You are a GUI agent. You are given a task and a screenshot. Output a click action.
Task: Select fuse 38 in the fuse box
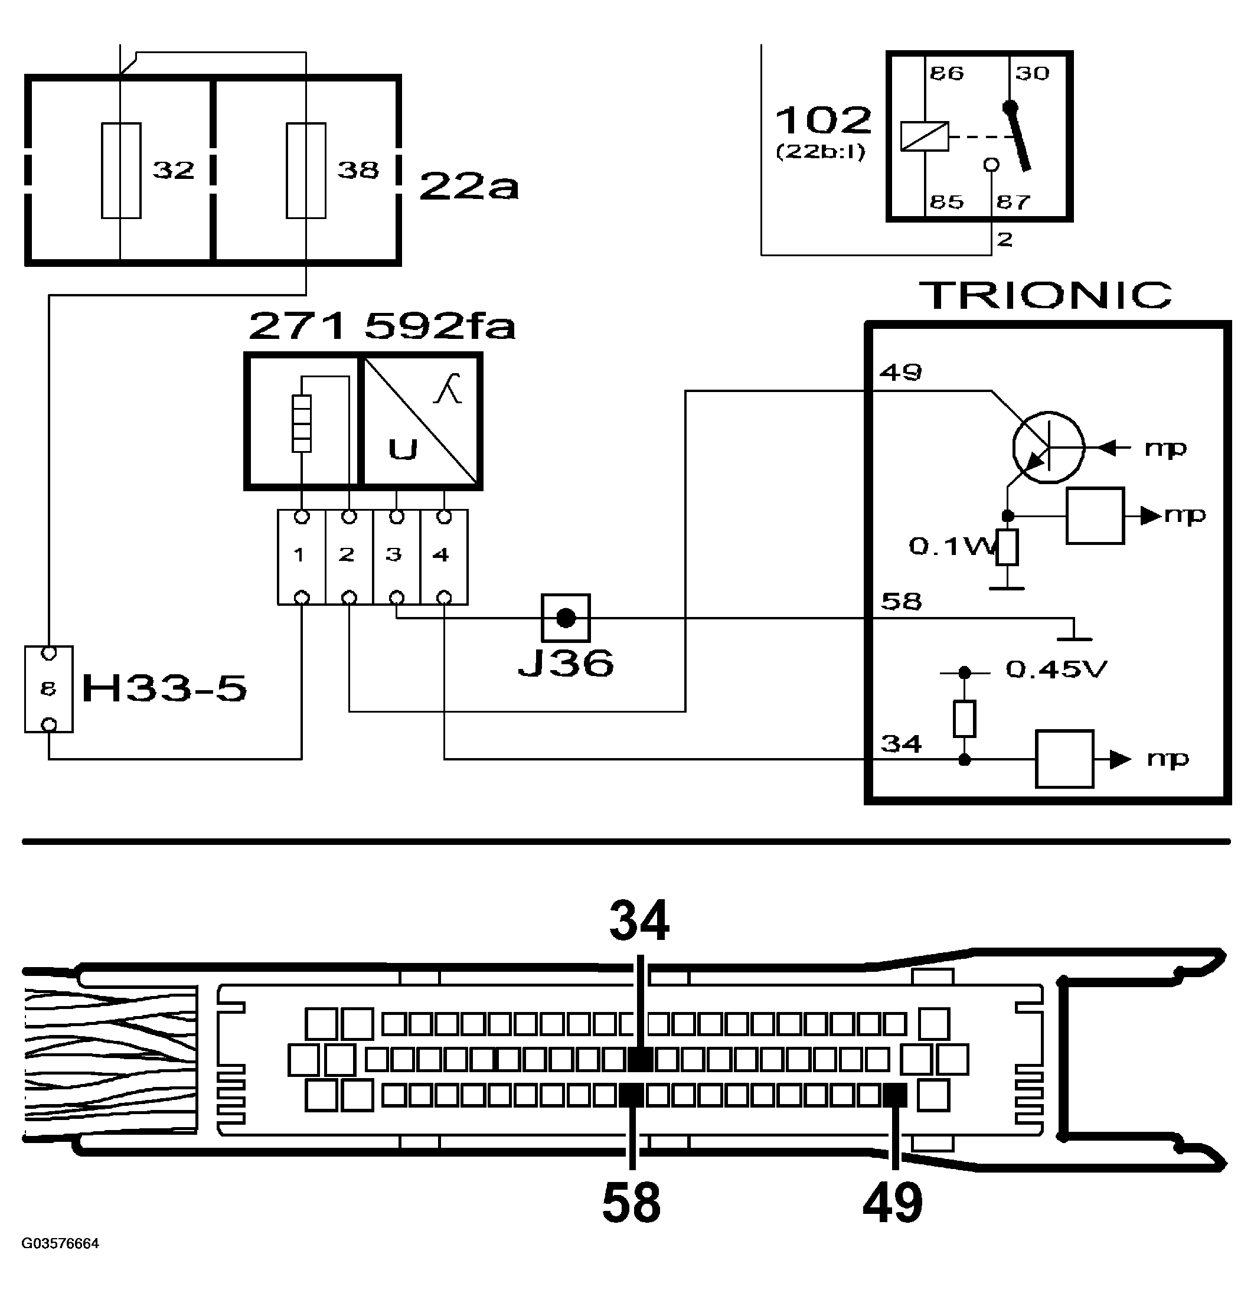point(306,170)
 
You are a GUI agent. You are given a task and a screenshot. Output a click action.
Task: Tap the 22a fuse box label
point(469,186)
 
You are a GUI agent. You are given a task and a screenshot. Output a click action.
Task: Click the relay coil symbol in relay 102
point(925,137)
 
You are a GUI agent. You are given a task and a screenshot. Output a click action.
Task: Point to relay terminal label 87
point(1013,202)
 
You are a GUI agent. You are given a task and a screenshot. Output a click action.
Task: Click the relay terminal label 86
point(946,73)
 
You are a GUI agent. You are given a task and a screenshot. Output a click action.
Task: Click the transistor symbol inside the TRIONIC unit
point(1048,448)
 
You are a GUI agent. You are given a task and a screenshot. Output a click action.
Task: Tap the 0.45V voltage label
point(1056,670)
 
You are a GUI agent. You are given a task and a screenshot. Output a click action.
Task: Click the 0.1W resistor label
point(950,546)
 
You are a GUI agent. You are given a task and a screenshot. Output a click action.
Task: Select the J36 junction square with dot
point(566,618)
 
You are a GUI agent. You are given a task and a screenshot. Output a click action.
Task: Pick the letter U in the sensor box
point(403,449)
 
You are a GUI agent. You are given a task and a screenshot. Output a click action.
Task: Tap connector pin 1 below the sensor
point(300,556)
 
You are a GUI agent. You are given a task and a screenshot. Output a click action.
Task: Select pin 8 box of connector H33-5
point(48,690)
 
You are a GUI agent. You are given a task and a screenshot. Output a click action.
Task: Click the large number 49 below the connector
point(893,1202)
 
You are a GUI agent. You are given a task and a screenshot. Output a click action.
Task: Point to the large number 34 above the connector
point(639,921)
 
